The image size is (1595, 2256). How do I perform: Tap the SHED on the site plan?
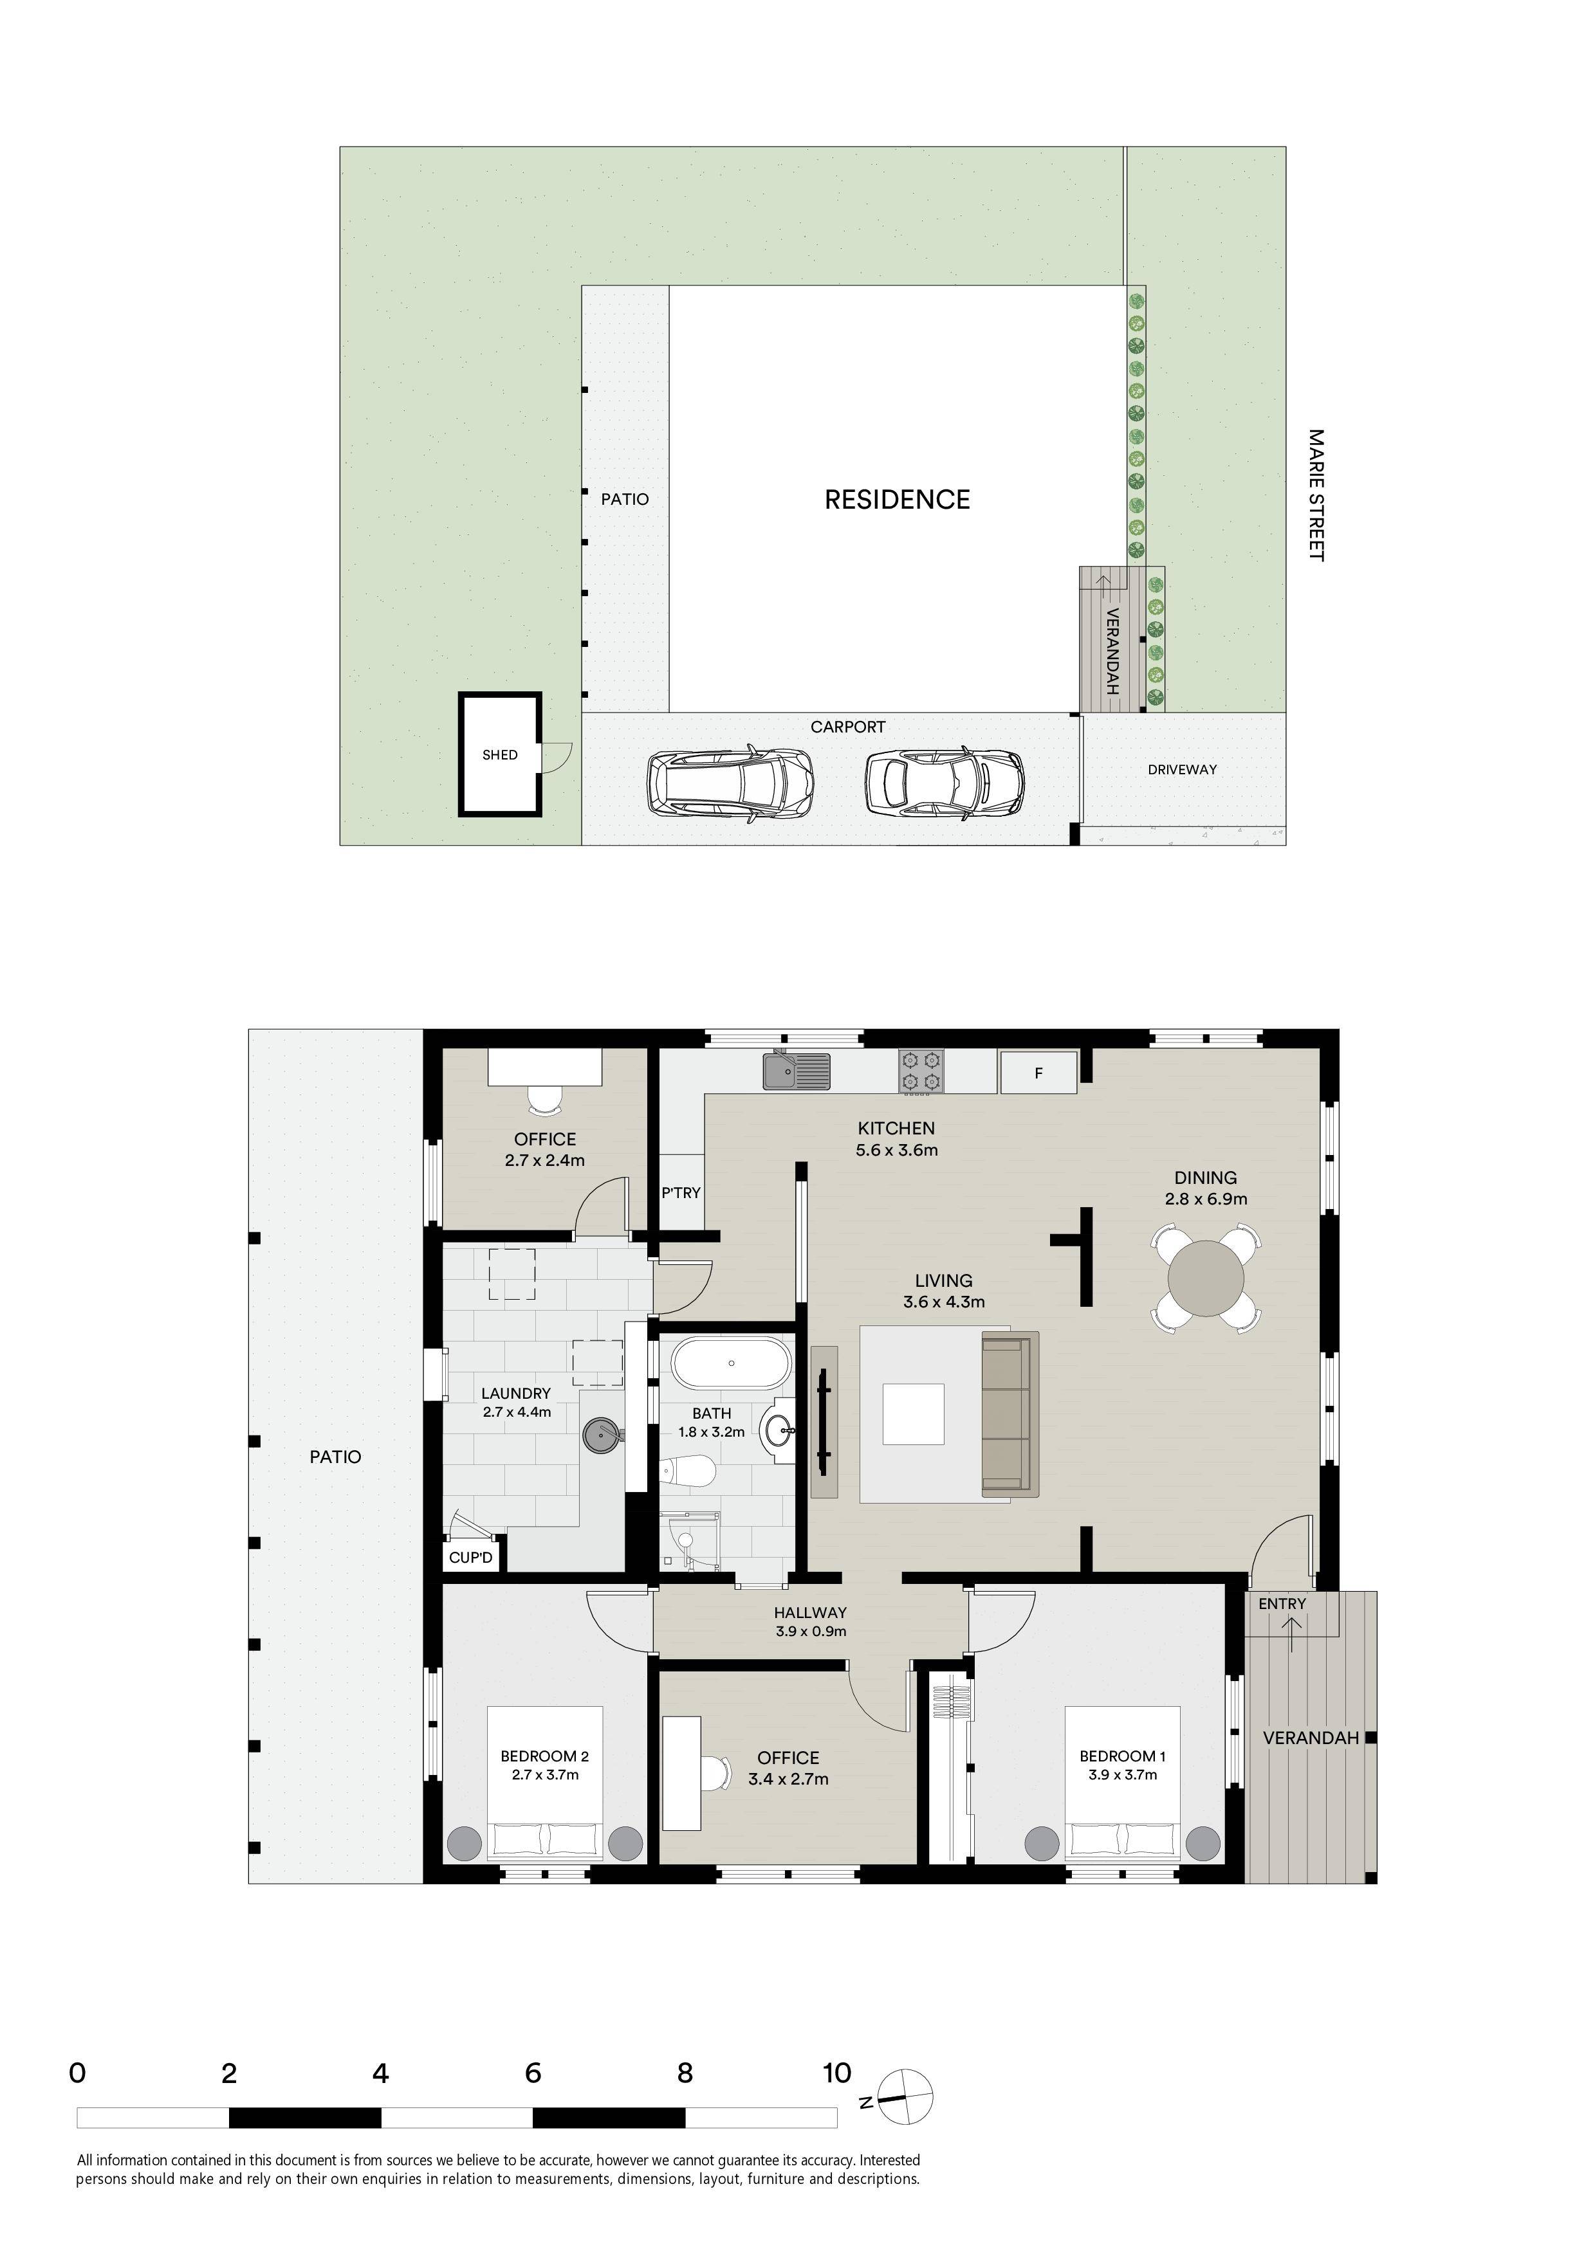point(500,754)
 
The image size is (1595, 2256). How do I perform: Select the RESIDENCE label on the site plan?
point(898,500)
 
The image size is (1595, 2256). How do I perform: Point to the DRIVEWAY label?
point(1182,769)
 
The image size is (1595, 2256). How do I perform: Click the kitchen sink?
point(797,1071)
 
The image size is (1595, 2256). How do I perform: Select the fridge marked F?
point(1038,1072)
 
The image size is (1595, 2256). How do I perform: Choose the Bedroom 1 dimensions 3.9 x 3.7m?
point(1122,1774)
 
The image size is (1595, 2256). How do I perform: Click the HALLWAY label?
point(810,1612)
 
